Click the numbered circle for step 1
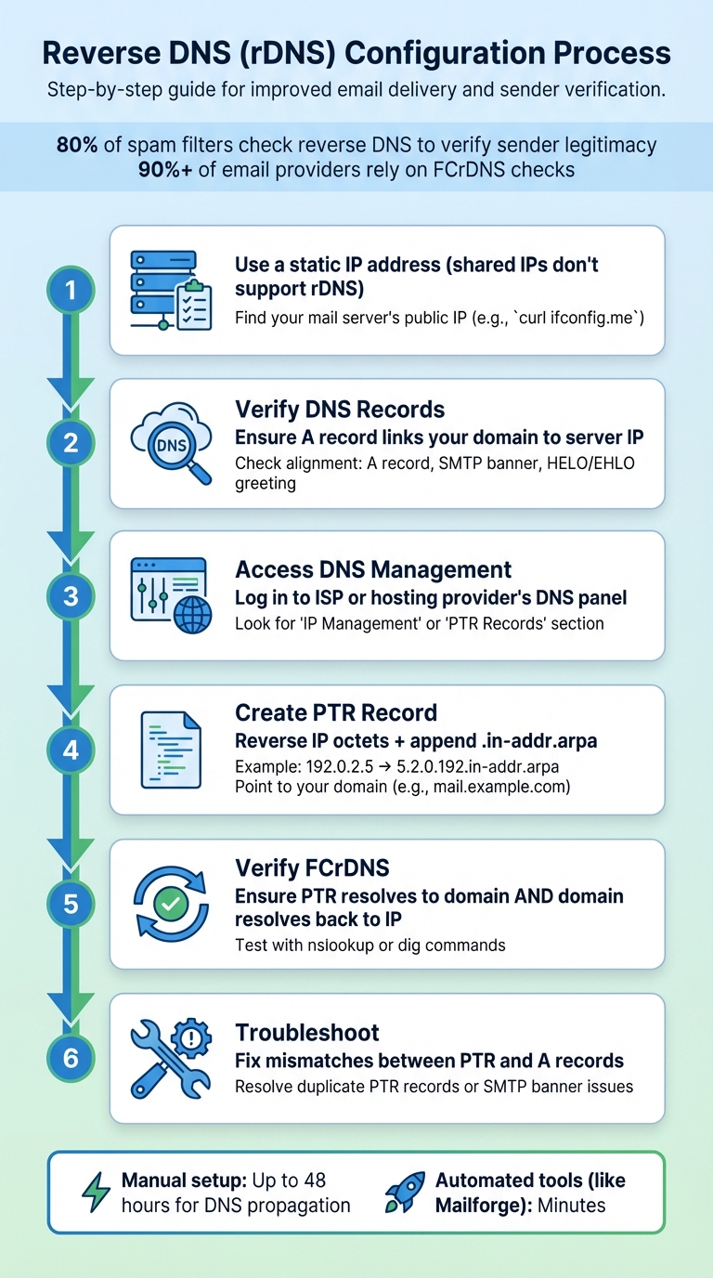click(x=71, y=292)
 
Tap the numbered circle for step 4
click(x=71, y=749)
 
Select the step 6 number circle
click(x=71, y=1057)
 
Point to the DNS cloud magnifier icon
click(x=172, y=444)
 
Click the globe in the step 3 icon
click(x=192, y=614)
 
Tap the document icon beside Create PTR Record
click(x=171, y=750)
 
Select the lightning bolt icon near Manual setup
click(x=96, y=1193)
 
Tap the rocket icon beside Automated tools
click(x=406, y=1193)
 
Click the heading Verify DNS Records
click(x=340, y=410)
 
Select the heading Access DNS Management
click(x=373, y=569)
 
